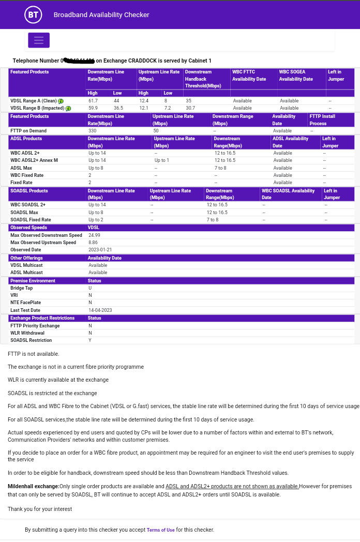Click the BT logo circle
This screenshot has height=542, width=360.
(x=33, y=15)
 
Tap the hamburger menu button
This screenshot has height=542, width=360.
(x=39, y=40)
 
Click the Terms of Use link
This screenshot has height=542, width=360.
(x=160, y=530)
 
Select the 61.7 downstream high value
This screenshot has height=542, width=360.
(x=93, y=101)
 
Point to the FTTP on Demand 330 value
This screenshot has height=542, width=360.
(x=92, y=131)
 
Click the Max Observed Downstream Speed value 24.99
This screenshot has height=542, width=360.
(x=94, y=235)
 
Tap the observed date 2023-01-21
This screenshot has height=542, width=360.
(x=100, y=250)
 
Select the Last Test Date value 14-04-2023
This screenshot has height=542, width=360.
(x=100, y=310)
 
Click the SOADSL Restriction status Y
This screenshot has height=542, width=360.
(x=90, y=340)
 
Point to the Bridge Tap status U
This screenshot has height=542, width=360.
(x=90, y=288)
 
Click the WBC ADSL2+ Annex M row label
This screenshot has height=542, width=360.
(x=34, y=160)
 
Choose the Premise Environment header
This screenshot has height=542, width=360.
(x=33, y=281)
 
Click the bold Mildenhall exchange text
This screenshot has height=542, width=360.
(x=33, y=487)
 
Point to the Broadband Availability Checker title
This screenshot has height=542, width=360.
(x=101, y=15)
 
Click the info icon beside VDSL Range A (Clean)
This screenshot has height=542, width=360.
(x=61, y=101)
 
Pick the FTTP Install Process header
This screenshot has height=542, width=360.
(x=322, y=120)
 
